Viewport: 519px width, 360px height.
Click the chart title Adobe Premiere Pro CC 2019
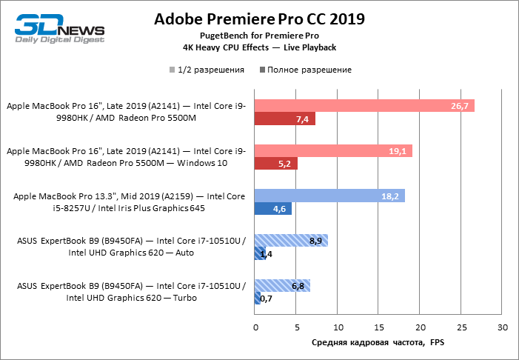[259, 19]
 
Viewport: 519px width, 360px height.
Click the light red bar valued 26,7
[364, 106]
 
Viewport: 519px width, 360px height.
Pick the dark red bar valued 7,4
[285, 119]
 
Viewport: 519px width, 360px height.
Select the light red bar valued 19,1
[333, 150]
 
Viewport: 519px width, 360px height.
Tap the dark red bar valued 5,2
[276, 164]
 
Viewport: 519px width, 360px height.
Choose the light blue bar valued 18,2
[329, 196]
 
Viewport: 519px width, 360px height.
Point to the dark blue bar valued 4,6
[273, 209]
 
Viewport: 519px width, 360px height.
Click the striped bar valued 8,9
[291, 240]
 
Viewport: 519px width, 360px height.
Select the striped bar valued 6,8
[282, 285]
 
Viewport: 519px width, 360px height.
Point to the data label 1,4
[267, 254]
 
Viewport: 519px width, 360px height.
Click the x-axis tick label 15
[378, 327]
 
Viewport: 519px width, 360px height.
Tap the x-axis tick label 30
[502, 327]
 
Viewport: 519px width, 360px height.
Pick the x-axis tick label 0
[255, 327]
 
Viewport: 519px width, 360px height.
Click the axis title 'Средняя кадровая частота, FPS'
[378, 343]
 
